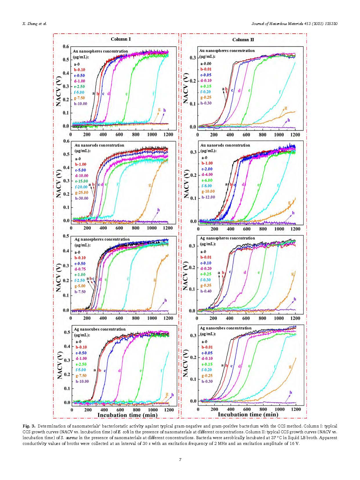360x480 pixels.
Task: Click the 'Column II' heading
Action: coord(243,40)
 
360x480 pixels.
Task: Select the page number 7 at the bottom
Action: coord(180,459)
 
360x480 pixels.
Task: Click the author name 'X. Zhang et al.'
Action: coord(35,24)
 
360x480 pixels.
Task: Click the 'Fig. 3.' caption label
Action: coord(29,426)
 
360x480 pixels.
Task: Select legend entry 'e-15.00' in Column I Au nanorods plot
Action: coord(82,181)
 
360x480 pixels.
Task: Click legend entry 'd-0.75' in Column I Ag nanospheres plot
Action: coord(80,269)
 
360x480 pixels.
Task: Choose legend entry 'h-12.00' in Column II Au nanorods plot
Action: coord(208,197)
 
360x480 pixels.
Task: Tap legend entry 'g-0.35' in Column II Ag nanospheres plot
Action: coord(206,285)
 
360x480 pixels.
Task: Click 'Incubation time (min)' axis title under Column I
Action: coord(127,415)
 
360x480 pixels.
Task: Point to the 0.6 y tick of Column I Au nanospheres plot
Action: coord(66,47)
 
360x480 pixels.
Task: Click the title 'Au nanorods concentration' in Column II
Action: coord(225,145)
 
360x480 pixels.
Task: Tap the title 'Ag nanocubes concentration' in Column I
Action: coord(100,329)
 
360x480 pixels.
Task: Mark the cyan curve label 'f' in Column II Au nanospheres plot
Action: coord(280,92)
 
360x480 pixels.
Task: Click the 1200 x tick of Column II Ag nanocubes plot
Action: coord(296,409)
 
